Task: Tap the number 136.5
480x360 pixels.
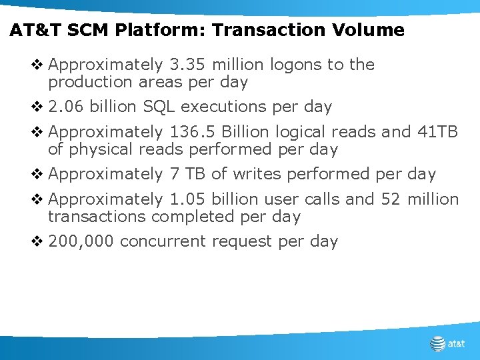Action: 193,132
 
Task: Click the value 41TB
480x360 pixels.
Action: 438,132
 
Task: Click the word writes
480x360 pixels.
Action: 238,175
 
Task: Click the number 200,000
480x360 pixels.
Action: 81,241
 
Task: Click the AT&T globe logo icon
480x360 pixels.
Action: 437,344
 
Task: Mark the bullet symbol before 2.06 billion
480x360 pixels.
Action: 39,107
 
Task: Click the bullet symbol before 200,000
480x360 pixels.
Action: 39,241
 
